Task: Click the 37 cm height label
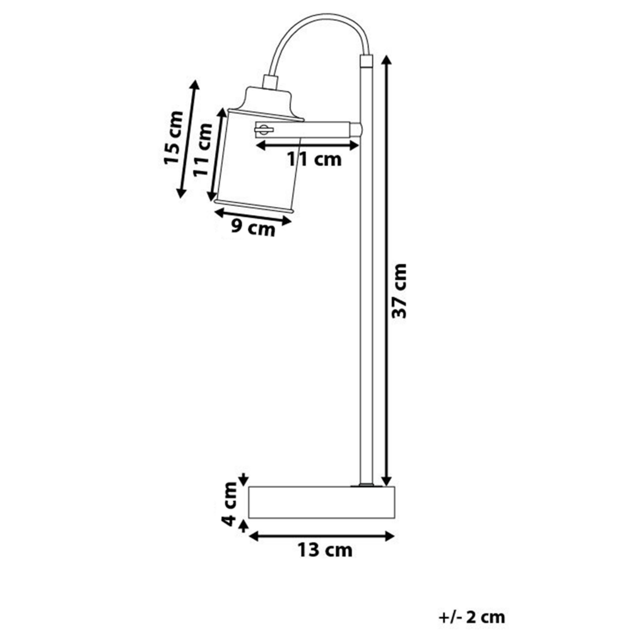[399, 291]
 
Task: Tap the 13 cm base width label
[325, 550]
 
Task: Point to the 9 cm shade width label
[252, 228]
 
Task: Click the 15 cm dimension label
[173, 138]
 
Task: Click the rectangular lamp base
[321, 502]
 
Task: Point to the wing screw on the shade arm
[262, 130]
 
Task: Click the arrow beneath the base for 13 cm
[321, 536]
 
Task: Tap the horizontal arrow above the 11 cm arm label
[307, 145]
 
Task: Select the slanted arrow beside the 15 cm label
[187, 139]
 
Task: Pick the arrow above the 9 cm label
[252, 213]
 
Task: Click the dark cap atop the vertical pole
[366, 61]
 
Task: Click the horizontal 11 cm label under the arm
[314, 160]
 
